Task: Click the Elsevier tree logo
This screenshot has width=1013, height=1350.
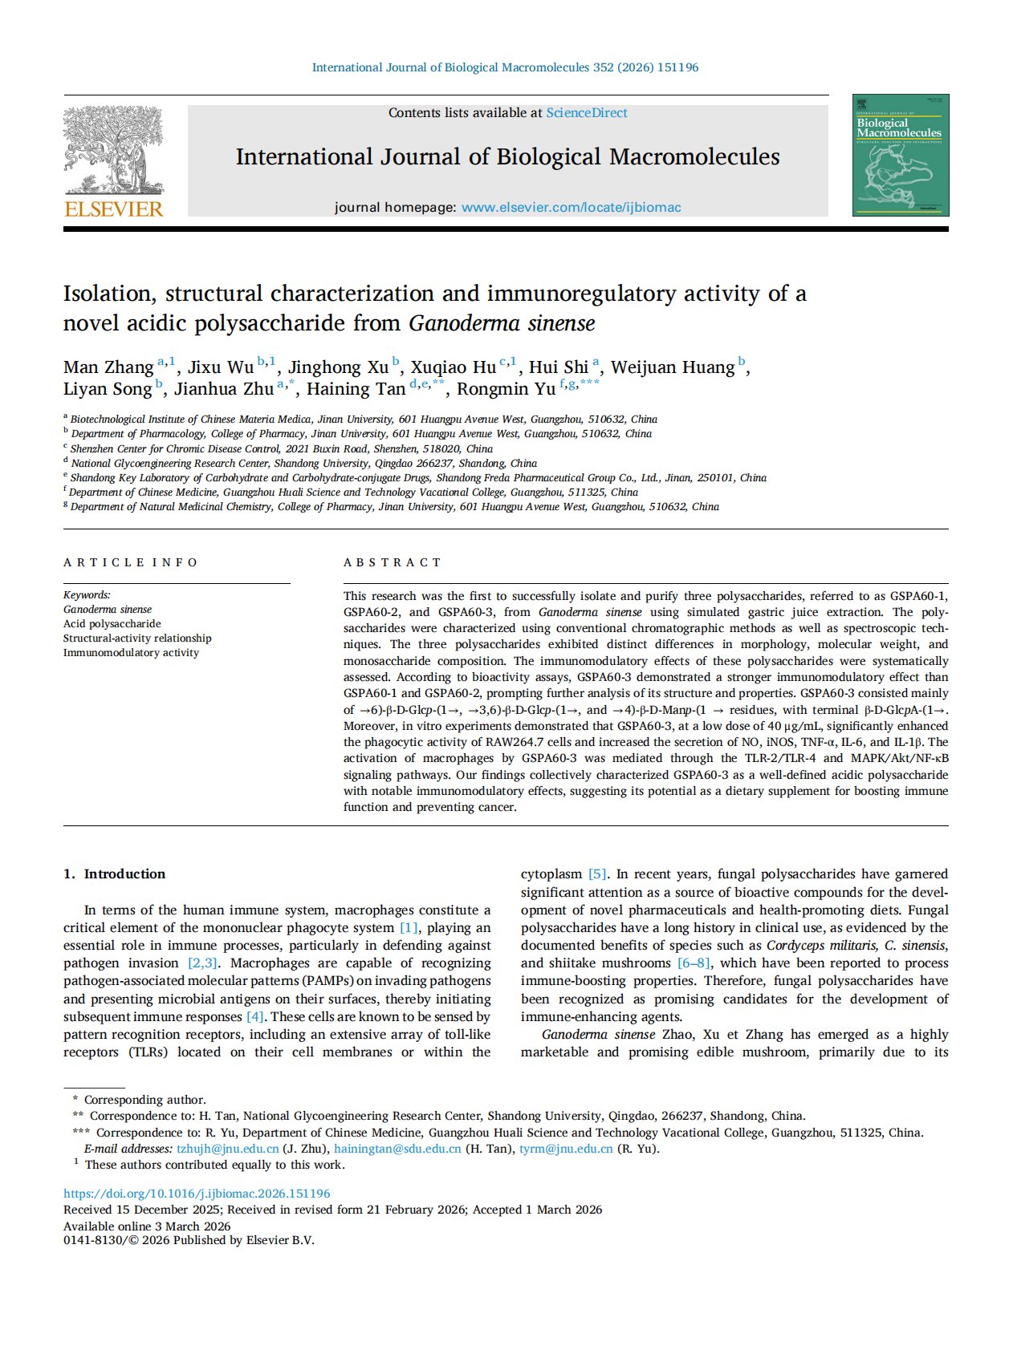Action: (113, 151)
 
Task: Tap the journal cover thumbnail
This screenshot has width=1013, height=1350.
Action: (900, 155)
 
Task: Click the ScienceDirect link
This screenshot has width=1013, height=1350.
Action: (587, 113)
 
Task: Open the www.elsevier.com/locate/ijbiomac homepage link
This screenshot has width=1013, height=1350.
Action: (571, 207)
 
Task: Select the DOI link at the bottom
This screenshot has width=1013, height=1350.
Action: (197, 1194)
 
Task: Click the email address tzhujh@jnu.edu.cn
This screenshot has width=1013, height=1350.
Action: (228, 1149)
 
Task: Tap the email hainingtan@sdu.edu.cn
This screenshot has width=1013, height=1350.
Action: (397, 1149)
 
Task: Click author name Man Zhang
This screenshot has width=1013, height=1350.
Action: (108, 367)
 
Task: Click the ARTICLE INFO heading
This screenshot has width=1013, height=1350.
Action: (130, 562)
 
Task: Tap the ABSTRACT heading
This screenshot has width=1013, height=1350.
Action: (393, 562)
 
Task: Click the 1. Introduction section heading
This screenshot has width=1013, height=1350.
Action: (114, 874)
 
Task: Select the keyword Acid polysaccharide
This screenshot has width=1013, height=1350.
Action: (112, 623)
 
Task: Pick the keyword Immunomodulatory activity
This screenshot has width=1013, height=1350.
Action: (131, 652)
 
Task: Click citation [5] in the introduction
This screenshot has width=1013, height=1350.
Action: (598, 874)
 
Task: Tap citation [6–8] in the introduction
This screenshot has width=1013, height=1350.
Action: (694, 963)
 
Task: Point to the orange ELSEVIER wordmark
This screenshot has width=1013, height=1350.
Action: (113, 209)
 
